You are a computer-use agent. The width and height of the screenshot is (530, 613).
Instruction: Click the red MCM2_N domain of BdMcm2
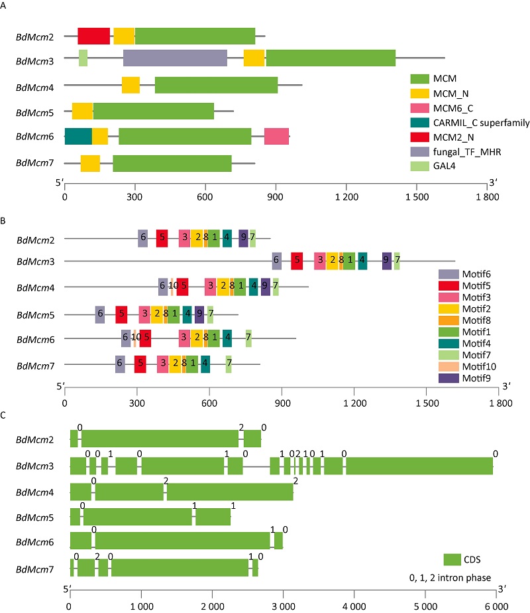click(x=93, y=36)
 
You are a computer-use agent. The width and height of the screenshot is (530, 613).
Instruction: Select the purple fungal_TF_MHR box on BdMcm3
click(x=175, y=58)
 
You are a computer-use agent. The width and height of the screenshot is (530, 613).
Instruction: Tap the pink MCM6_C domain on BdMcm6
click(x=276, y=135)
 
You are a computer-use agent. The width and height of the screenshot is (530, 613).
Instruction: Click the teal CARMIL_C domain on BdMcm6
click(x=78, y=135)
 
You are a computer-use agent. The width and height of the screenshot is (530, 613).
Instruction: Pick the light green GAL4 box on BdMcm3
click(x=83, y=58)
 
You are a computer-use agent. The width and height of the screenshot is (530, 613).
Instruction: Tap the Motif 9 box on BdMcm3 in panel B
click(x=387, y=261)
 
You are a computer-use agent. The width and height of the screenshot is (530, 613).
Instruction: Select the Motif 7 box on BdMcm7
click(x=229, y=363)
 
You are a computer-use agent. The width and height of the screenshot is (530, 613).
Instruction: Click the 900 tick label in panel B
click(x=283, y=401)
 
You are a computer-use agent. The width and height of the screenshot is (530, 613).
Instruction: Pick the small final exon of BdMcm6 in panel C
click(x=278, y=541)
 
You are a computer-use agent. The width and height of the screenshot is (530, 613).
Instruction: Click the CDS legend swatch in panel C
click(x=452, y=559)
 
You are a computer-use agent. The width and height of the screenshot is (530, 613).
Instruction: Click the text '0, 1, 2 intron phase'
click(x=450, y=578)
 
